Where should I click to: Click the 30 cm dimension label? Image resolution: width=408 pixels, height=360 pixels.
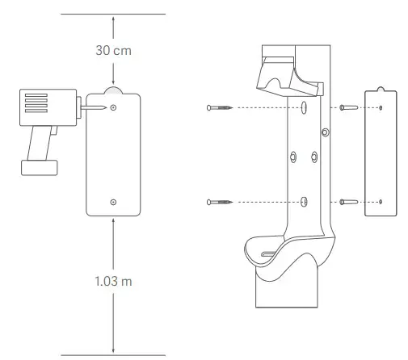pyautogui.click(x=113, y=51)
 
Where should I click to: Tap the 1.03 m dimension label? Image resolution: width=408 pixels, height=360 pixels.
pyautogui.click(x=113, y=284)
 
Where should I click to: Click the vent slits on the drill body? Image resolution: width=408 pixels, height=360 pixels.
pyautogui.click(x=37, y=105)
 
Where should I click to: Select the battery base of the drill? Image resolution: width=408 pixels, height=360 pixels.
pyautogui.click(x=39, y=167)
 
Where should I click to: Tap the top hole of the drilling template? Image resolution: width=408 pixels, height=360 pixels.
pyautogui.click(x=113, y=107)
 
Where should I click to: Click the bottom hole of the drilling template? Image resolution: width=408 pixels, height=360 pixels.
pyautogui.click(x=113, y=201)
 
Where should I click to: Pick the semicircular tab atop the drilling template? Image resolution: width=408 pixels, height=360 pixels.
pyautogui.click(x=113, y=90)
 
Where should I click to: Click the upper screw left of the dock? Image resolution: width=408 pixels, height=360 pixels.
pyautogui.click(x=218, y=107)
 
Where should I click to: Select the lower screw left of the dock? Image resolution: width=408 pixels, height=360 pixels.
pyautogui.click(x=218, y=200)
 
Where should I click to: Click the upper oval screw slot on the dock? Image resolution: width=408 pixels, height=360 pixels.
pyautogui.click(x=304, y=107)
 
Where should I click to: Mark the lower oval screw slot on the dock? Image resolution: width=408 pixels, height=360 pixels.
pyautogui.click(x=304, y=200)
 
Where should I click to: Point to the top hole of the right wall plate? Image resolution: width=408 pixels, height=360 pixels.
pyautogui.click(x=381, y=107)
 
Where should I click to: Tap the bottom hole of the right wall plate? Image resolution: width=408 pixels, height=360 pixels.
pyautogui.click(x=381, y=200)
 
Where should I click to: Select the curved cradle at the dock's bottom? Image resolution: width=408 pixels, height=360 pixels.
pyautogui.click(x=287, y=254)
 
